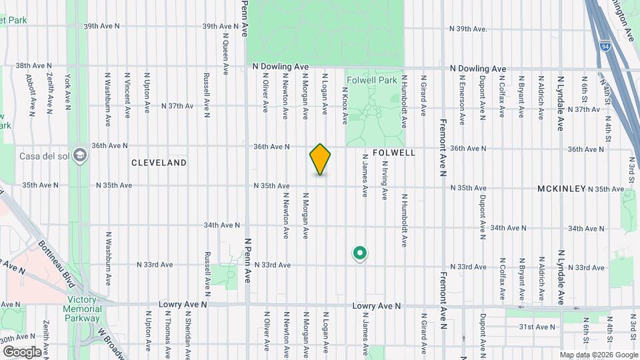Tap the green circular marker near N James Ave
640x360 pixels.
tap(360, 253)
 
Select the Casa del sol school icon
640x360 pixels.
tap(81, 155)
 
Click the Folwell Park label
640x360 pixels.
tap(371, 80)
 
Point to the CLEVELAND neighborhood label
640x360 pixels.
tap(159, 163)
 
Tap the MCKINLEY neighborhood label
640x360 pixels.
tap(561, 189)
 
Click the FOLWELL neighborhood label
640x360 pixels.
tap(394, 153)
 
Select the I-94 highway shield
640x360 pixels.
tap(605, 47)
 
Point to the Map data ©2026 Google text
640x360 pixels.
tap(599, 354)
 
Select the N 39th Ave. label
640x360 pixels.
tap(477, 29)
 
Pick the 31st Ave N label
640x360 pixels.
tap(537, 327)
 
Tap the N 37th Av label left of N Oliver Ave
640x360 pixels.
tap(177, 106)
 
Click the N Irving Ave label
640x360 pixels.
tap(385, 185)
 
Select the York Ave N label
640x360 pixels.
tap(68, 91)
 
